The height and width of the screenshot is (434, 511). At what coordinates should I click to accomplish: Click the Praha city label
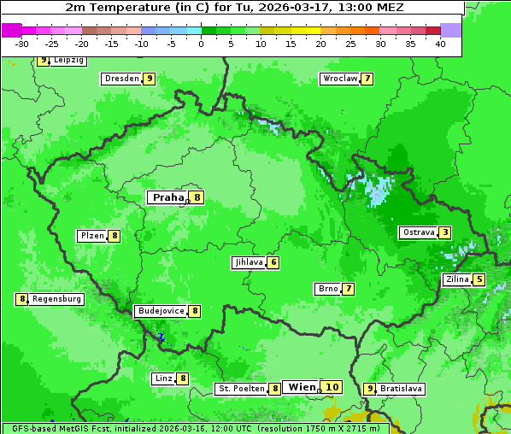pyautogui.click(x=167, y=197)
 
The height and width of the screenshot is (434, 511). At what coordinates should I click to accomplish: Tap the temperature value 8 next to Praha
pyautogui.click(x=197, y=197)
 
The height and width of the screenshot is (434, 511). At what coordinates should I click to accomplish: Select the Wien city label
pyautogui.click(x=302, y=387)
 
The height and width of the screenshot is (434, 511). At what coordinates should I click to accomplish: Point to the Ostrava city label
pyautogui.click(x=419, y=232)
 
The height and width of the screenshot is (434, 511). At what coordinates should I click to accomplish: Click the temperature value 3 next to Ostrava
pyautogui.click(x=445, y=232)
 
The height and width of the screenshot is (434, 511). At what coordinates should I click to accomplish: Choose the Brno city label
pyautogui.click(x=327, y=289)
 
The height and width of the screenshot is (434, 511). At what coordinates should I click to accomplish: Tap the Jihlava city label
pyautogui.click(x=248, y=262)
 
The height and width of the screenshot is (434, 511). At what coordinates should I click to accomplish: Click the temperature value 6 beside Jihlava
pyautogui.click(x=273, y=262)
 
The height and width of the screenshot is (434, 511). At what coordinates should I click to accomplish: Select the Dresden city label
pyautogui.click(x=121, y=79)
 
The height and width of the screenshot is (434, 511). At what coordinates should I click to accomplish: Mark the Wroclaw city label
pyautogui.click(x=339, y=79)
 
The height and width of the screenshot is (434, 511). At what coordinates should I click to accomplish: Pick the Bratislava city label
pyautogui.click(x=401, y=389)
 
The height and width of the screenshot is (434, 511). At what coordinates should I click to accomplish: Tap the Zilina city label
pyautogui.click(x=456, y=279)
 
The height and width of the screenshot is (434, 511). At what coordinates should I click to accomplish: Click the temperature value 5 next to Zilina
pyautogui.click(x=479, y=279)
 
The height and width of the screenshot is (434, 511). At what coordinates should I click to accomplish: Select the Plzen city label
pyautogui.click(x=91, y=236)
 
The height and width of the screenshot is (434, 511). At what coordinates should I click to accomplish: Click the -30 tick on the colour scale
pyautogui.click(x=22, y=44)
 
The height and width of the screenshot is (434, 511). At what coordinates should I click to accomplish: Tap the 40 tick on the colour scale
pyautogui.click(x=440, y=44)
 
